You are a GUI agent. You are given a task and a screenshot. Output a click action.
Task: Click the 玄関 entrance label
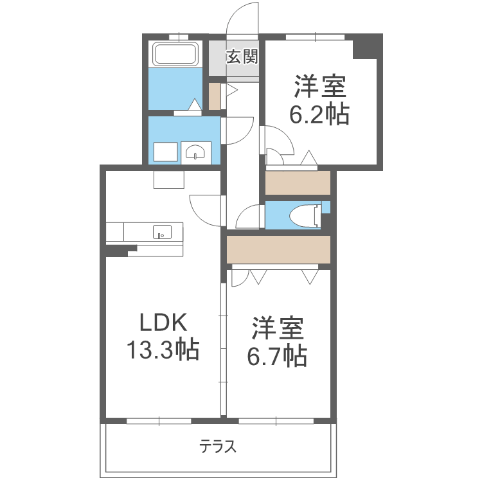point(241,57)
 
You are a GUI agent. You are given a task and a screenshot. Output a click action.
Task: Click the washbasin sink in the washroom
point(195,152)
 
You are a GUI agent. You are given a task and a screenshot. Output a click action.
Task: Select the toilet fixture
point(305,215)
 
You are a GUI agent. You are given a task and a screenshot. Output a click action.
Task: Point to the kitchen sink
point(161,231)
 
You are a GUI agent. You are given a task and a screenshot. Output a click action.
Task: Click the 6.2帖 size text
point(319,114)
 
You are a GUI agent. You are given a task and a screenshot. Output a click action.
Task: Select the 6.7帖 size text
point(276,355)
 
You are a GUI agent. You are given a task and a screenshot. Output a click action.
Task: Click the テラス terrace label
point(217,446)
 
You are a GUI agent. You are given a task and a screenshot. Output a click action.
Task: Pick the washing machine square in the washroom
point(165,152)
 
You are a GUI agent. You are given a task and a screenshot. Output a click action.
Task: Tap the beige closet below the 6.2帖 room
point(298,183)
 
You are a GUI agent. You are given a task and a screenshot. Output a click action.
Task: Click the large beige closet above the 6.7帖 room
point(278,249)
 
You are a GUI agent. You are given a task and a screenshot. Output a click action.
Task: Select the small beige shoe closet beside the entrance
point(215,96)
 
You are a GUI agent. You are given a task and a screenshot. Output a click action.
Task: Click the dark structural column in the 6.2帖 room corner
point(368,46)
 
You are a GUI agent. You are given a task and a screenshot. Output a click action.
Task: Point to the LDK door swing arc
point(204,209)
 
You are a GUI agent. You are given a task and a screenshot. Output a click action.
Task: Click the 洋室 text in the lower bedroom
point(277,328)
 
